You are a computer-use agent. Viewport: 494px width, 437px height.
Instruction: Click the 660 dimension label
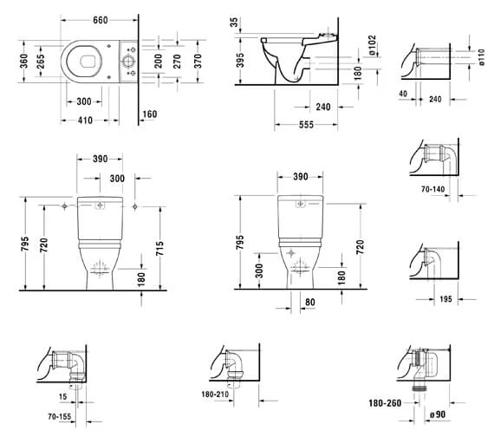[x=101, y=20]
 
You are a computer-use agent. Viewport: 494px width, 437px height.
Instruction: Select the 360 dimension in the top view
[x=24, y=61]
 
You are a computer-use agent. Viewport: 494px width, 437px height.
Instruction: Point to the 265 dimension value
[x=40, y=61]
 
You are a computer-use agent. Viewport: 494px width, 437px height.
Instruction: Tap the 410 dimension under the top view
[x=85, y=121]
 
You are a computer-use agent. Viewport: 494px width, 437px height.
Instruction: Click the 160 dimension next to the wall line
[x=150, y=114]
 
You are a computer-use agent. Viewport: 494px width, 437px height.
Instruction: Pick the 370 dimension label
[x=198, y=61]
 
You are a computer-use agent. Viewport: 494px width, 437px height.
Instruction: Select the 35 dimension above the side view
[x=234, y=23]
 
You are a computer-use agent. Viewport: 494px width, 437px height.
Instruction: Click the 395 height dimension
[x=240, y=60]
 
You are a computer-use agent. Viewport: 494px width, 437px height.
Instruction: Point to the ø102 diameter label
[x=373, y=45]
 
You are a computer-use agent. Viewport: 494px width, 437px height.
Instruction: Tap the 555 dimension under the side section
[x=306, y=125]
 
